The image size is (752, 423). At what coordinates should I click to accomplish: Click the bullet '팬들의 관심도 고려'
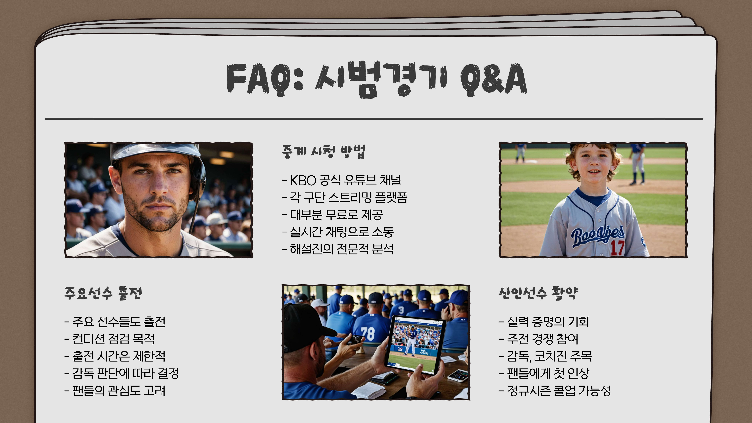click(118, 391)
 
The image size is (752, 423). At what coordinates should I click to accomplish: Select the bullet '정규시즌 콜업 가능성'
click(558, 391)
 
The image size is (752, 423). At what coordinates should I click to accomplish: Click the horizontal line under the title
click(374, 119)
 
